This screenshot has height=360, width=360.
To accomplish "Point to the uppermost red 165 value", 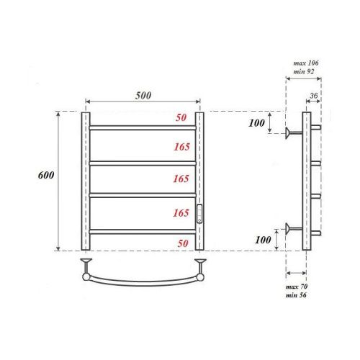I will point(181,147).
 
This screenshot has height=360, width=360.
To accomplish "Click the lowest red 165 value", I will point(181,213).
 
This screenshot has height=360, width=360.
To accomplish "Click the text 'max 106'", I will point(306,64).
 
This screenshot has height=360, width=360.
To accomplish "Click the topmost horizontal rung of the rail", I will point(143,128).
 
